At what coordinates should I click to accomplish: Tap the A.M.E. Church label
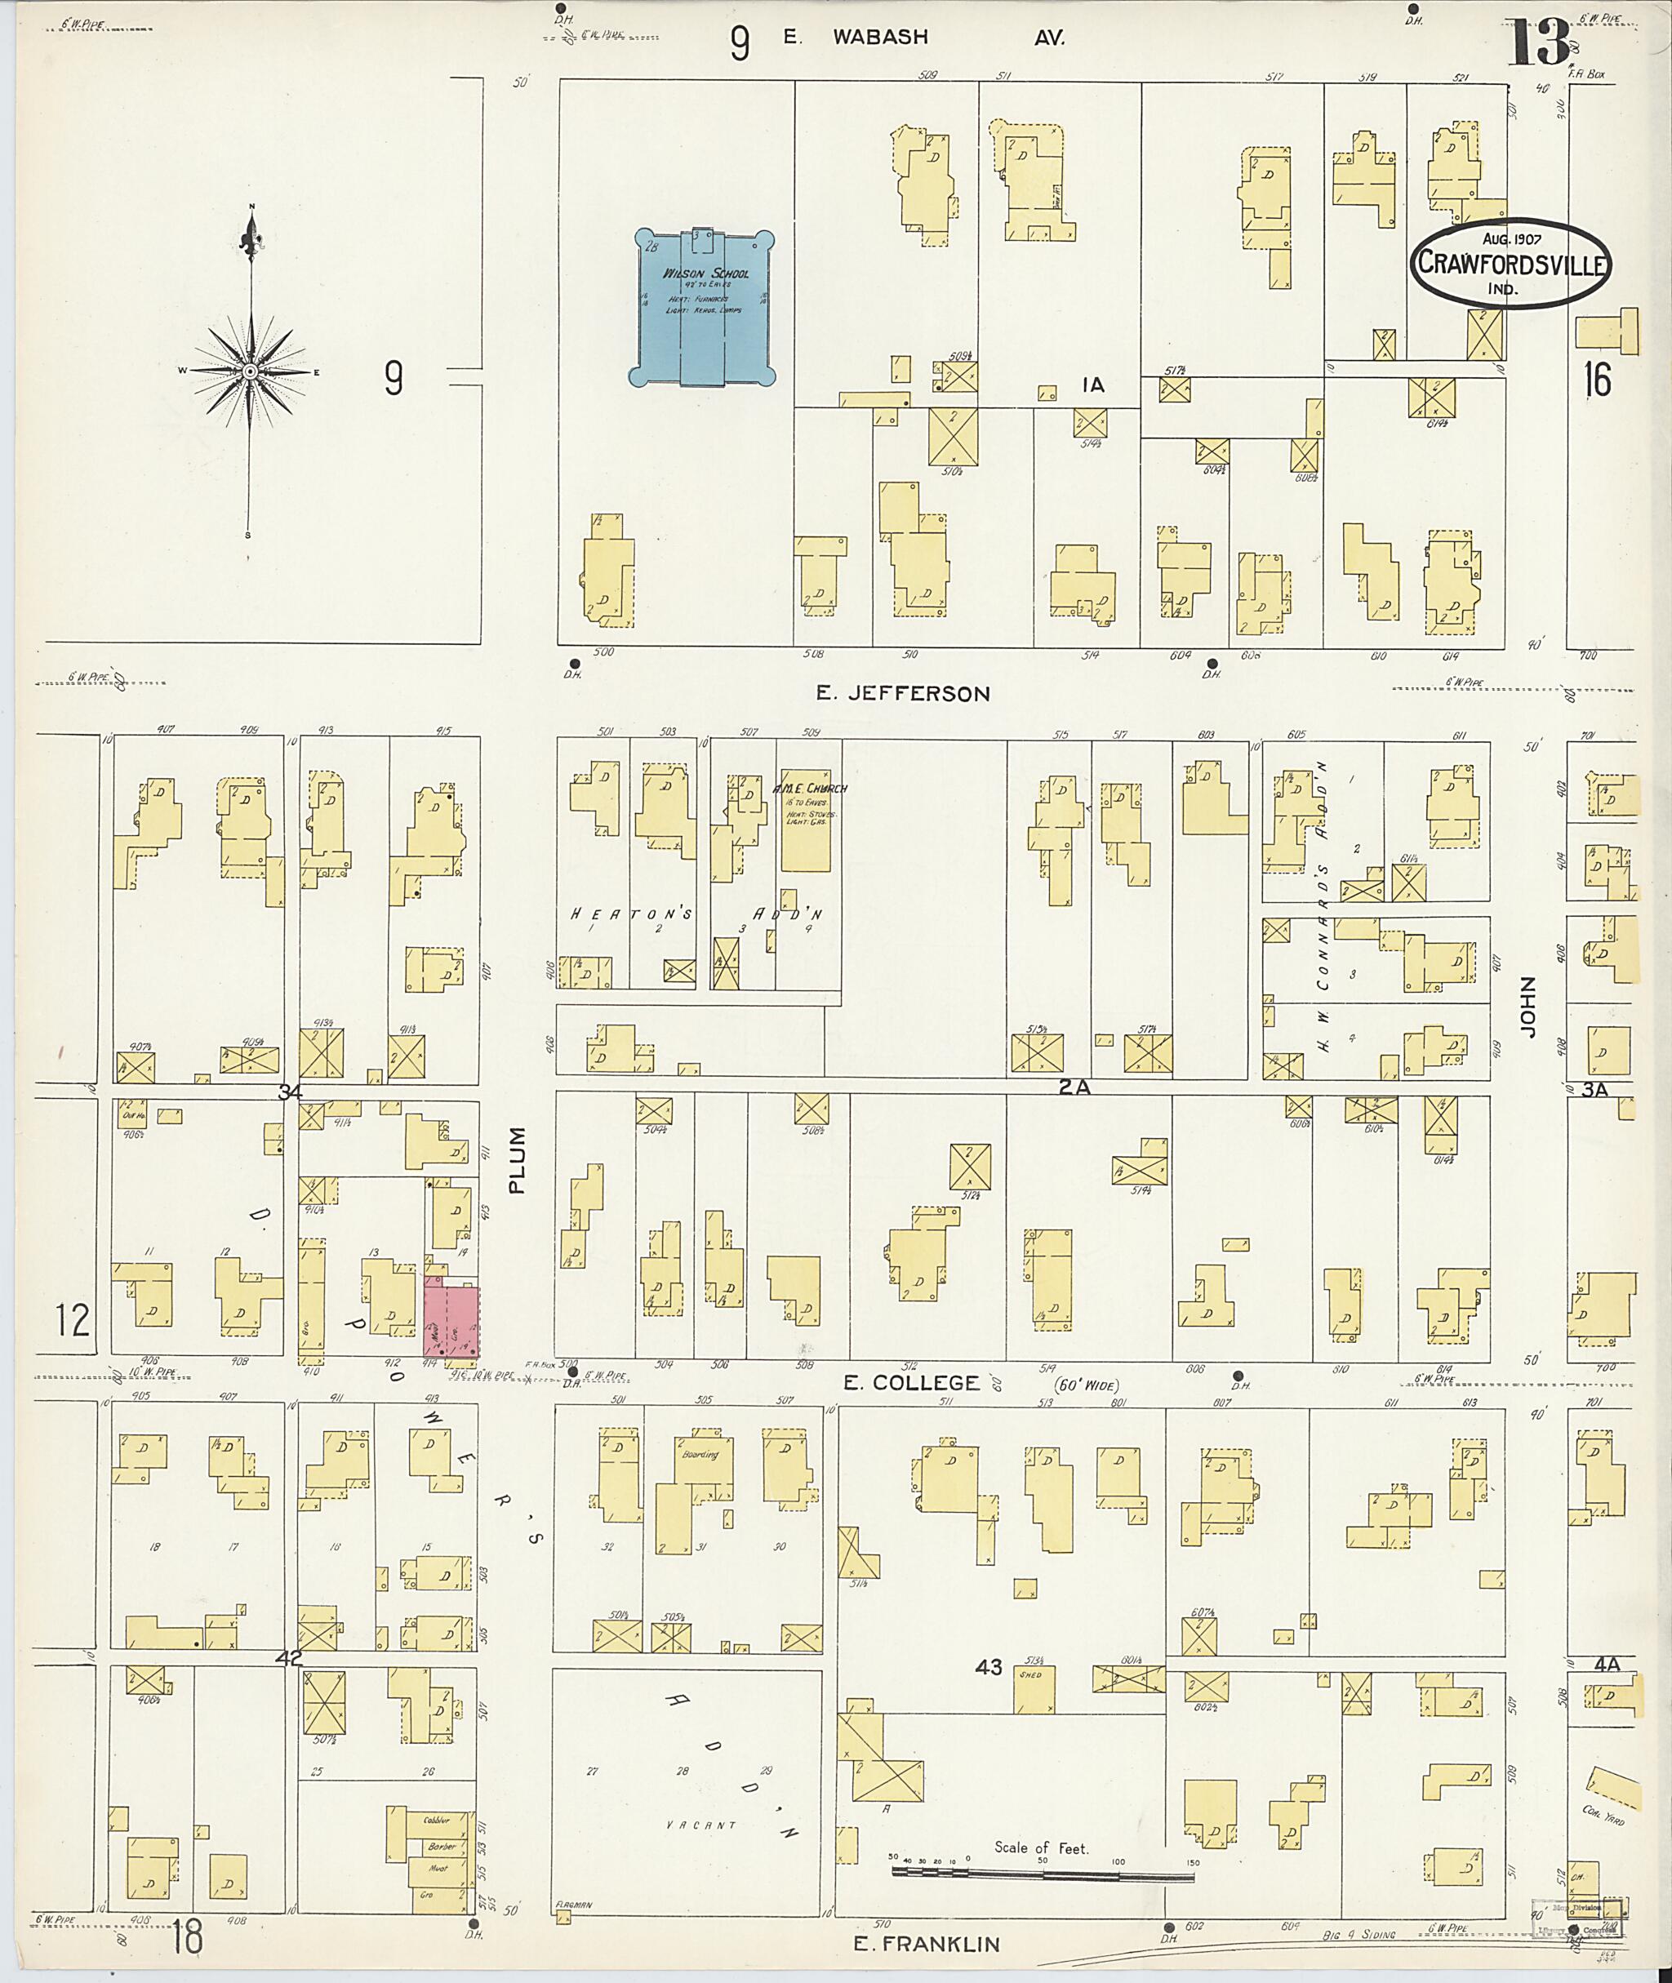(808, 788)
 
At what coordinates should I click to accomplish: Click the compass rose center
(249, 371)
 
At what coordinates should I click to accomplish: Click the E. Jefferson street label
(902, 694)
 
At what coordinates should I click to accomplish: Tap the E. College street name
(910, 1383)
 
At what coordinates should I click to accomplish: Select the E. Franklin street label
(926, 1944)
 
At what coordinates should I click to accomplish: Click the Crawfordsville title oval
(1509, 265)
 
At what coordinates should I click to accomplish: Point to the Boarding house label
(700, 1454)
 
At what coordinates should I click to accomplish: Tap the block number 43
(988, 1694)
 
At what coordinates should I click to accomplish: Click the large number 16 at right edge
(1596, 380)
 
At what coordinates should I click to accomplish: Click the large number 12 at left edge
(72, 1319)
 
